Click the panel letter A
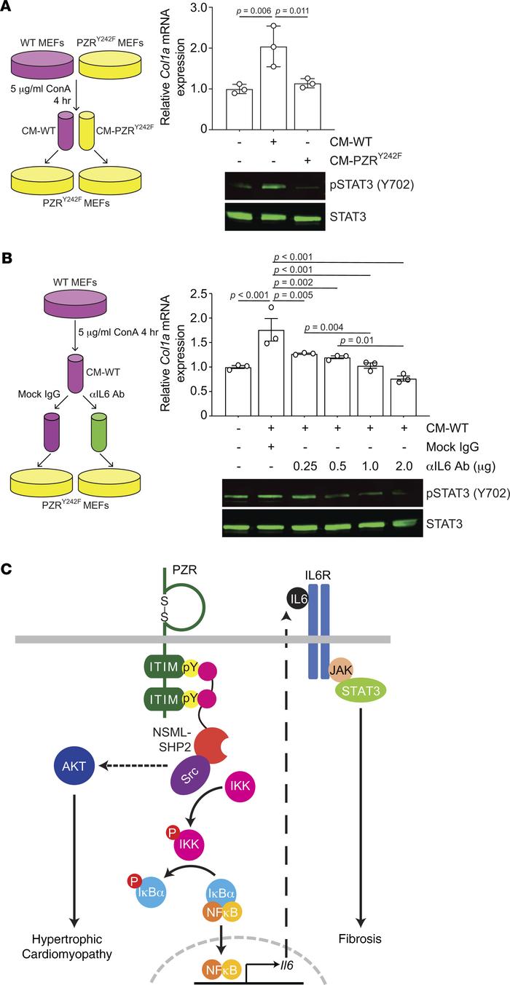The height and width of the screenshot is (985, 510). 9,9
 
